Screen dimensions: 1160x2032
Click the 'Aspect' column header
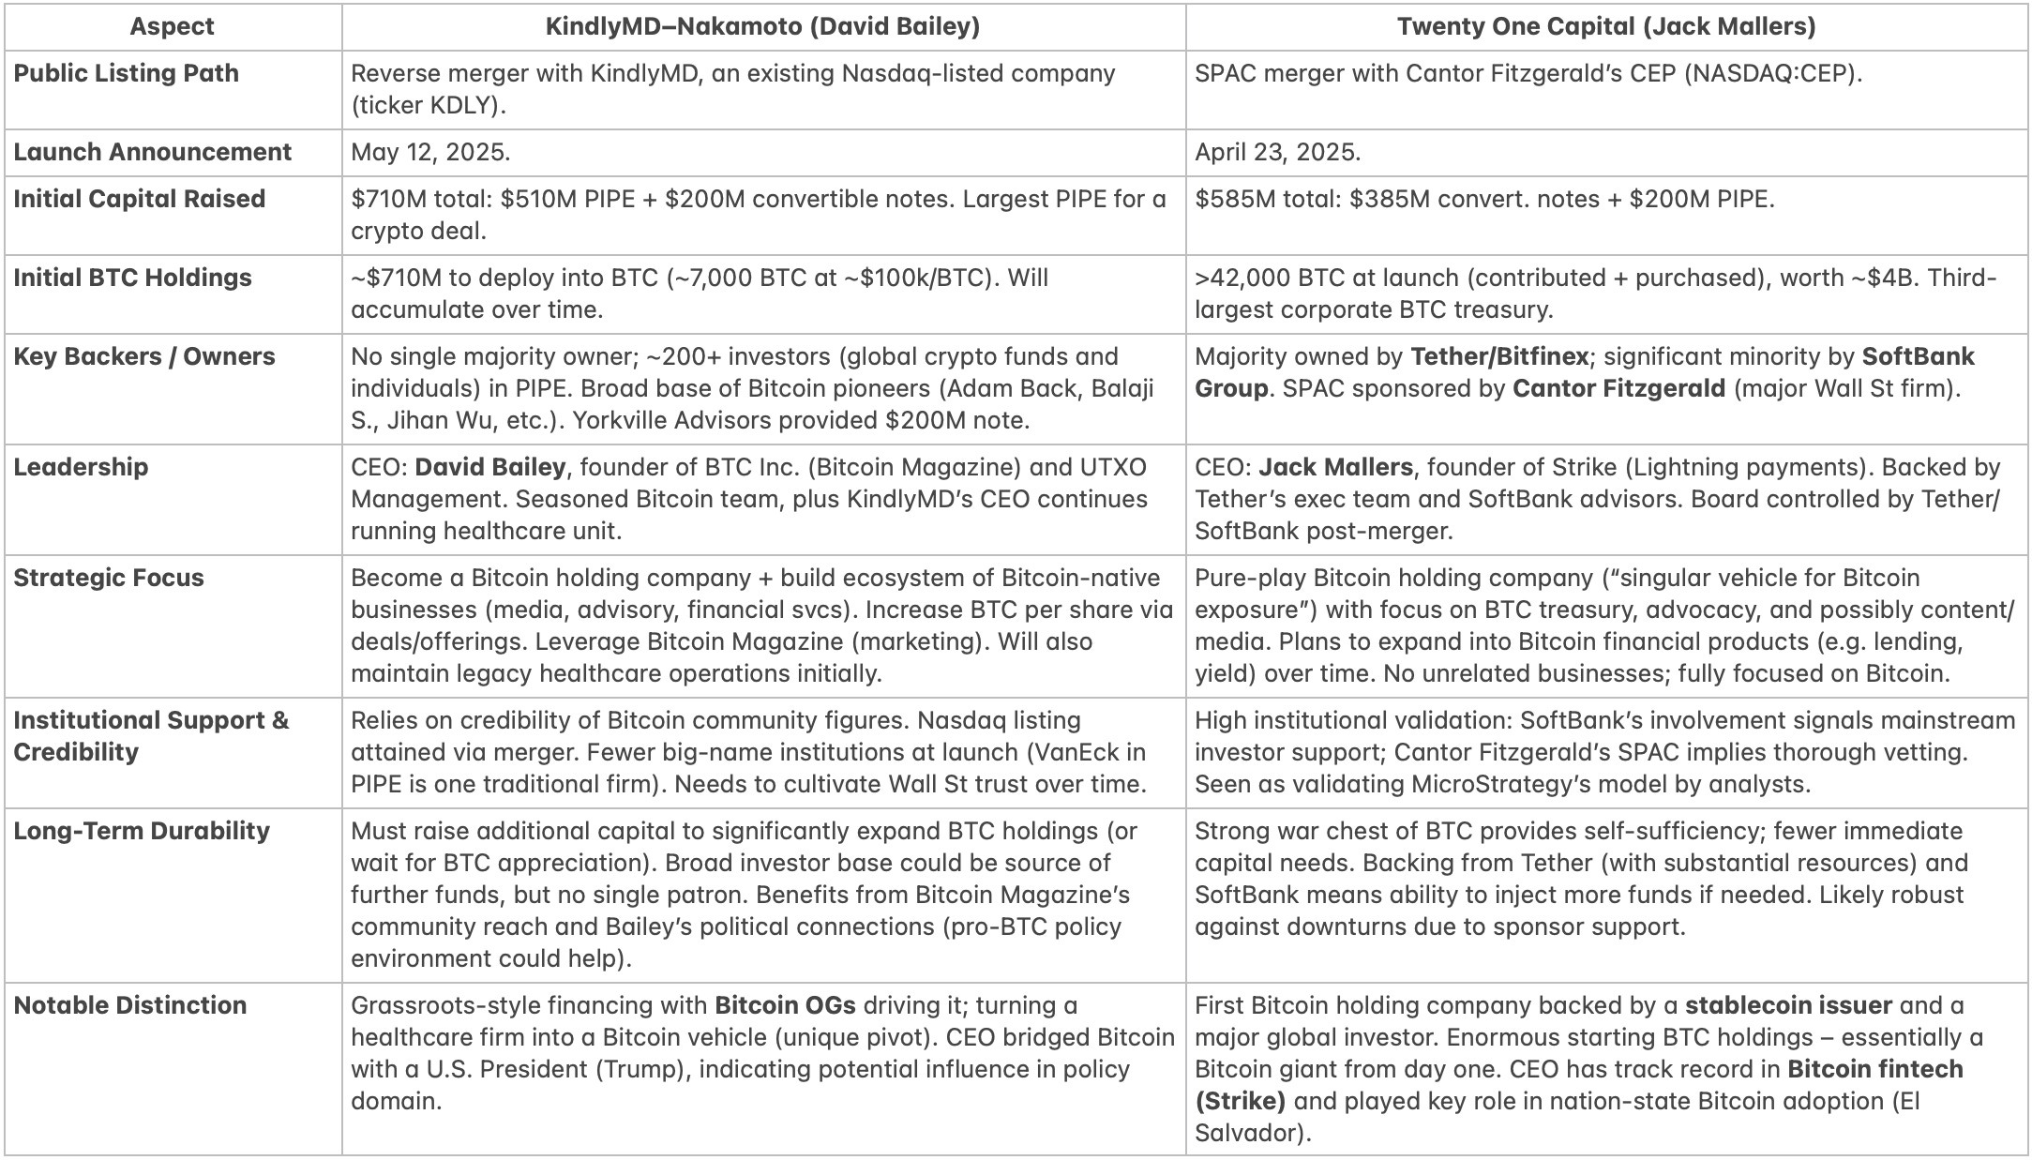coord(172,26)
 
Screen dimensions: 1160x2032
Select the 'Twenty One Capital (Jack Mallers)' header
coord(1606,26)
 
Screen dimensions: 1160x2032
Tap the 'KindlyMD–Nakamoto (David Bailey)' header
coord(762,26)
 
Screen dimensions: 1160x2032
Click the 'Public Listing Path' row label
coord(126,73)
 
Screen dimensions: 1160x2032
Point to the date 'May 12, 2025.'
coord(430,152)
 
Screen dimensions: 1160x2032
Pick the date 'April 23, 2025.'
coord(1277,152)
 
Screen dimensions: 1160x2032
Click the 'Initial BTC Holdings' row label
coord(132,278)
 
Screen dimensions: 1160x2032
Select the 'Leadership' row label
coord(81,467)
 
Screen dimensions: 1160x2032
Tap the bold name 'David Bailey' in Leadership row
coord(490,467)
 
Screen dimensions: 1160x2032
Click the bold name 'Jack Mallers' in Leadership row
coord(1335,467)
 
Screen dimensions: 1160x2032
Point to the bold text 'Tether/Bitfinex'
coord(1499,356)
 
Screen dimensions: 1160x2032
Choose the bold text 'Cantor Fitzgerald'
coord(1618,388)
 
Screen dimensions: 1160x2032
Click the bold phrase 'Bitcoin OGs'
coord(785,1005)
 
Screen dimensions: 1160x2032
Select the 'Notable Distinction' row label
coord(130,1005)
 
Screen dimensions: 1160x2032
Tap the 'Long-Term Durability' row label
coord(142,831)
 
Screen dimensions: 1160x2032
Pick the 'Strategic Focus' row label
coord(109,578)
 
